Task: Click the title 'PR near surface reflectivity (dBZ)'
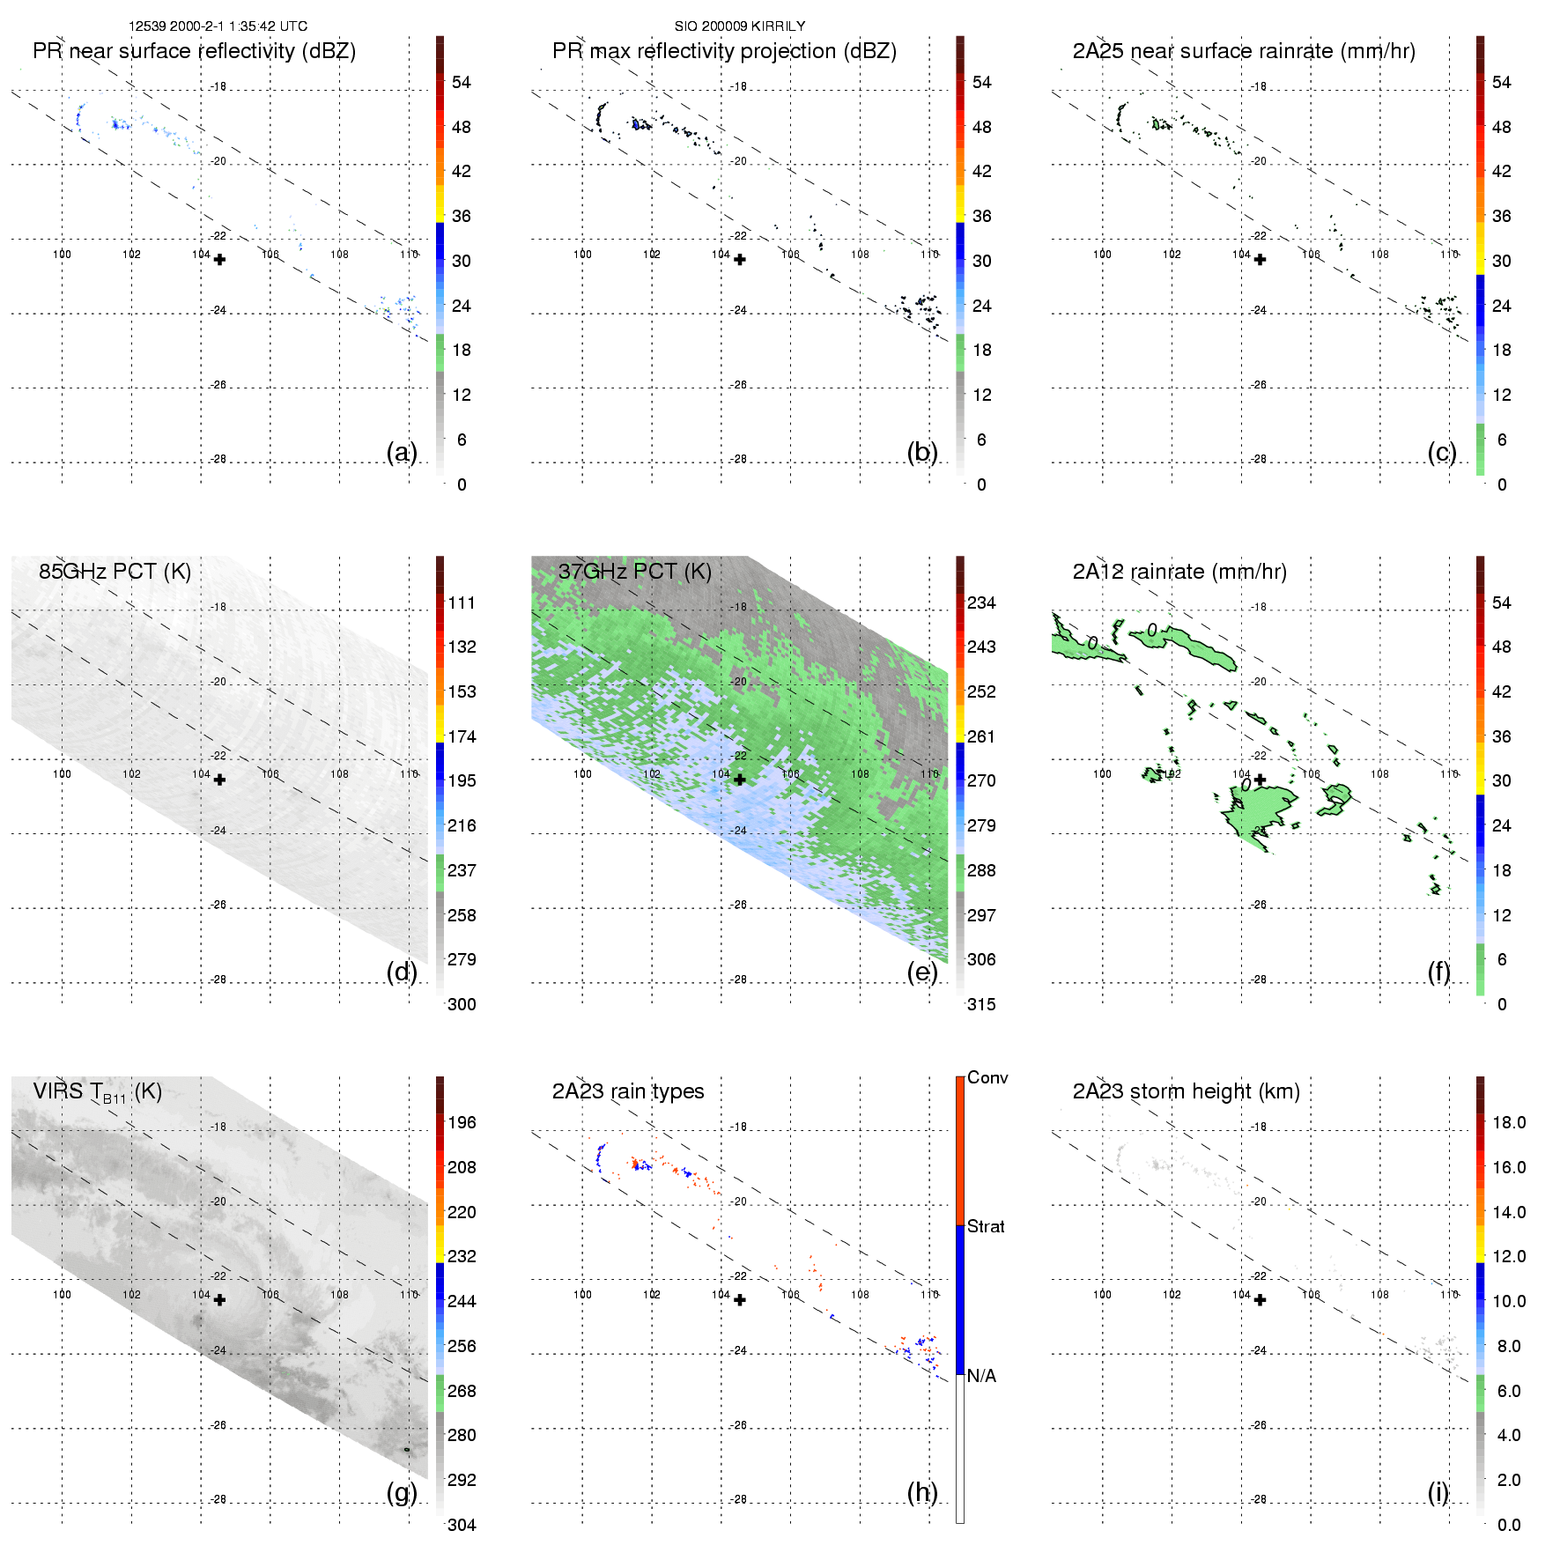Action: tap(194, 51)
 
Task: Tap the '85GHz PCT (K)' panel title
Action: tap(115, 572)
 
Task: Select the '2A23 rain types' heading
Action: tap(628, 1091)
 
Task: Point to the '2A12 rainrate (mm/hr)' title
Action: tap(1179, 572)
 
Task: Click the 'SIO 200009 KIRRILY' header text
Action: tap(740, 26)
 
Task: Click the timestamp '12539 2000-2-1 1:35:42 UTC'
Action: tap(218, 26)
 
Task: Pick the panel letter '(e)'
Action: tap(922, 972)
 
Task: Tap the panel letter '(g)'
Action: tap(402, 1492)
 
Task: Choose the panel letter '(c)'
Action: tap(1442, 452)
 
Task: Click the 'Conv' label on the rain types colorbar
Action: tap(987, 1077)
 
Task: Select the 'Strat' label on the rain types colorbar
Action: tap(986, 1226)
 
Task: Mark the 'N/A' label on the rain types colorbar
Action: tap(981, 1376)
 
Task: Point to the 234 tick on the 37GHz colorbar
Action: tap(981, 603)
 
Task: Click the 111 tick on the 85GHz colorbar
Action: tap(462, 603)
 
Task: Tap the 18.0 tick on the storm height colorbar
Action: tap(1509, 1122)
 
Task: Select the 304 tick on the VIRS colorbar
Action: tap(462, 1525)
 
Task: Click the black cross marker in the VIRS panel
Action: tap(220, 1300)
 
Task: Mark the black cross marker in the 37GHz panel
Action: tap(740, 780)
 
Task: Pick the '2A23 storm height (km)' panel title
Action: tap(1186, 1091)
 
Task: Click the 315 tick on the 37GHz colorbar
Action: tap(981, 1004)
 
